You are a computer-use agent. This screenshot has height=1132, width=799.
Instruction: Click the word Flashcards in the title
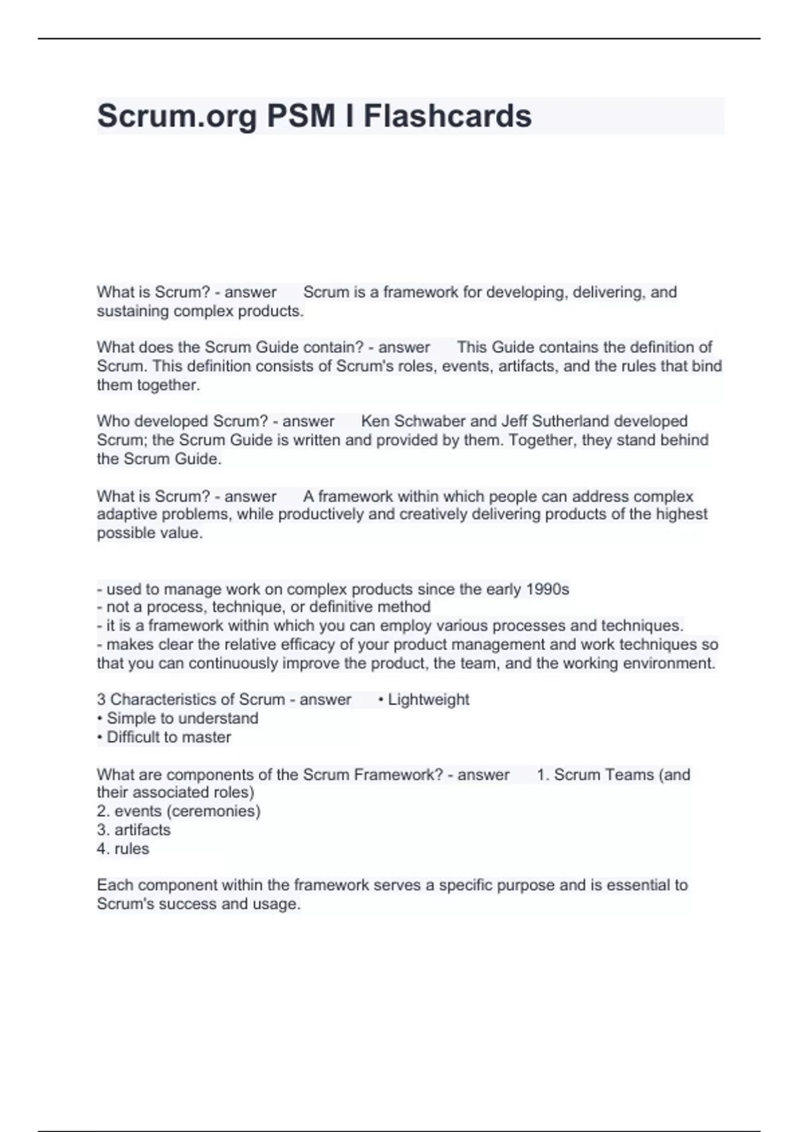(x=447, y=116)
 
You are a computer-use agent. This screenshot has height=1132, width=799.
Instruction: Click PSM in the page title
(x=301, y=116)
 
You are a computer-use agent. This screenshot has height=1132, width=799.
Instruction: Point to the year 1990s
(x=547, y=589)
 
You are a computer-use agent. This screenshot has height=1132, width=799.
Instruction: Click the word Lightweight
(x=428, y=699)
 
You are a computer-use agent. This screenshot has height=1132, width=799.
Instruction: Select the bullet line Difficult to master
(x=168, y=737)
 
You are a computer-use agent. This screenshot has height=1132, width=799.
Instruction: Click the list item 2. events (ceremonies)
(x=178, y=811)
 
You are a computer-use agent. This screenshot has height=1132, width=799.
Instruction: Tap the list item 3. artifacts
(x=133, y=830)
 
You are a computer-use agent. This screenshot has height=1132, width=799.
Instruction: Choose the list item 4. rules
(x=123, y=848)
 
